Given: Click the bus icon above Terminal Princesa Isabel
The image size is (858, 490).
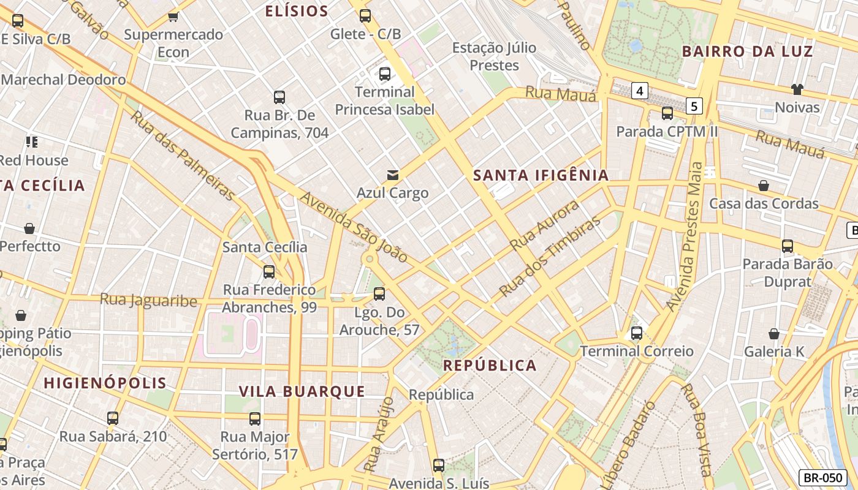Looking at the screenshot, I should click(x=385, y=74).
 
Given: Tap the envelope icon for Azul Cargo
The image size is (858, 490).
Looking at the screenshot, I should click(x=392, y=176).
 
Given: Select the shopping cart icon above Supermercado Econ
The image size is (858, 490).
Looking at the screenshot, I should click(x=173, y=17).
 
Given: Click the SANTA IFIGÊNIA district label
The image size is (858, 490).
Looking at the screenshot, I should click(x=541, y=176).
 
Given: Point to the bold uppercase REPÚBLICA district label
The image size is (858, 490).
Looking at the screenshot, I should click(x=490, y=366).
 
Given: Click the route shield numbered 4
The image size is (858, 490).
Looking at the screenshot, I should click(x=640, y=91).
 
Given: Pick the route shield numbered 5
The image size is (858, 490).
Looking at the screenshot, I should click(x=694, y=106).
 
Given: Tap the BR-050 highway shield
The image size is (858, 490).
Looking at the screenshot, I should click(x=822, y=478).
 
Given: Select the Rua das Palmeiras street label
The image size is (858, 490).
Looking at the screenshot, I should click(x=183, y=156).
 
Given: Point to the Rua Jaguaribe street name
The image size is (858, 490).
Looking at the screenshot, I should click(x=148, y=300).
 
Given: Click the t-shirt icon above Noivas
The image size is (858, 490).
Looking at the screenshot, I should click(x=797, y=89).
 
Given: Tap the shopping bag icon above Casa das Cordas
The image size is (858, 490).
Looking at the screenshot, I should click(x=764, y=186).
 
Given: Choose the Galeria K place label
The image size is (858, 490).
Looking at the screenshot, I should click(x=774, y=352).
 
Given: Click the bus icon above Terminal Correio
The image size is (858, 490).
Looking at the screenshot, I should click(x=637, y=333).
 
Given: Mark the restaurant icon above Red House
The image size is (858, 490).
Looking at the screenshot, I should click(x=32, y=143).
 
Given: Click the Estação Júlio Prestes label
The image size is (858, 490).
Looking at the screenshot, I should click(x=494, y=56).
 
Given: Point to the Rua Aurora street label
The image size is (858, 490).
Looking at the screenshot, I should click(x=544, y=225).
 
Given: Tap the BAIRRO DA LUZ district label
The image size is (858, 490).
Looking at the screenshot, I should click(x=747, y=51).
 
